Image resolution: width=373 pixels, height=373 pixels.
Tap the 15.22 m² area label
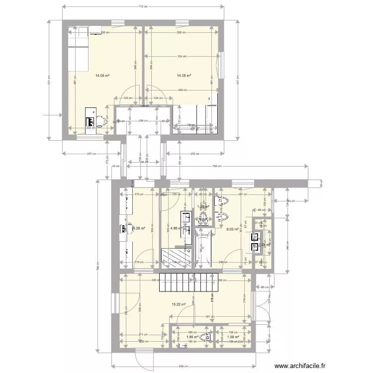click(x=179, y=304)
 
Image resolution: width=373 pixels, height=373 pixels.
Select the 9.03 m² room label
click(x=233, y=229)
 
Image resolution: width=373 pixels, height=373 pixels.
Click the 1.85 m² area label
click(x=192, y=337)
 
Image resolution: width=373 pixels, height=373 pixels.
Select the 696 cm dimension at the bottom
click(x=184, y=366)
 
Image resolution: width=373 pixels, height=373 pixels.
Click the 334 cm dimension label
click(x=182, y=56)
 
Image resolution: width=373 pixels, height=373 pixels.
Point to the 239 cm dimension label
click(x=141, y=121)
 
